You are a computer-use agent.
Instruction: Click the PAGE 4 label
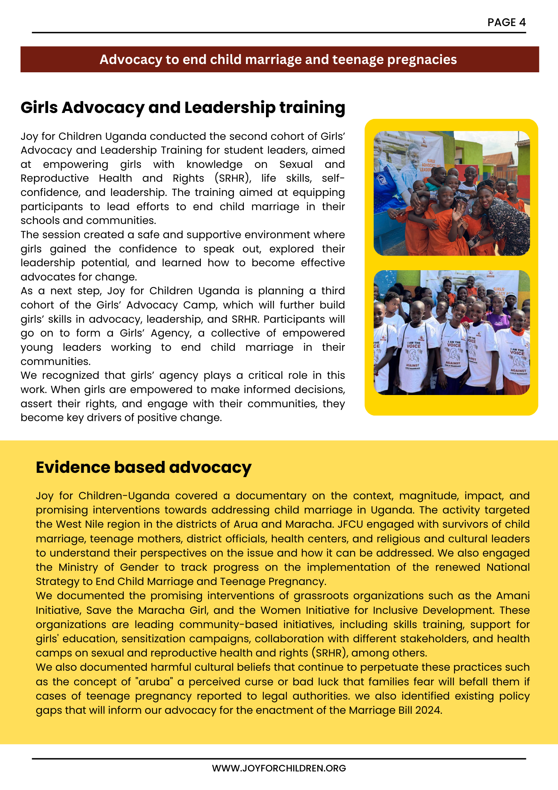pos(506,23)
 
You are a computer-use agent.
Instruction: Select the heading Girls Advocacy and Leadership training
pos(183,107)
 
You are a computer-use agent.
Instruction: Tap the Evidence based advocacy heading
pos(144,467)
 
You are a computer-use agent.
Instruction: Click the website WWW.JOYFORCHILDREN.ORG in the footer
pos(279,768)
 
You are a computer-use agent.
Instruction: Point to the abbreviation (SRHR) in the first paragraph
pos(233,178)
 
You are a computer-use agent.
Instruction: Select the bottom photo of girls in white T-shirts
pos(451,333)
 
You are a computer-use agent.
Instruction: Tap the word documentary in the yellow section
pos(271,496)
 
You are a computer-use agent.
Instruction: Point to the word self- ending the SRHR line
pos(333,178)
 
